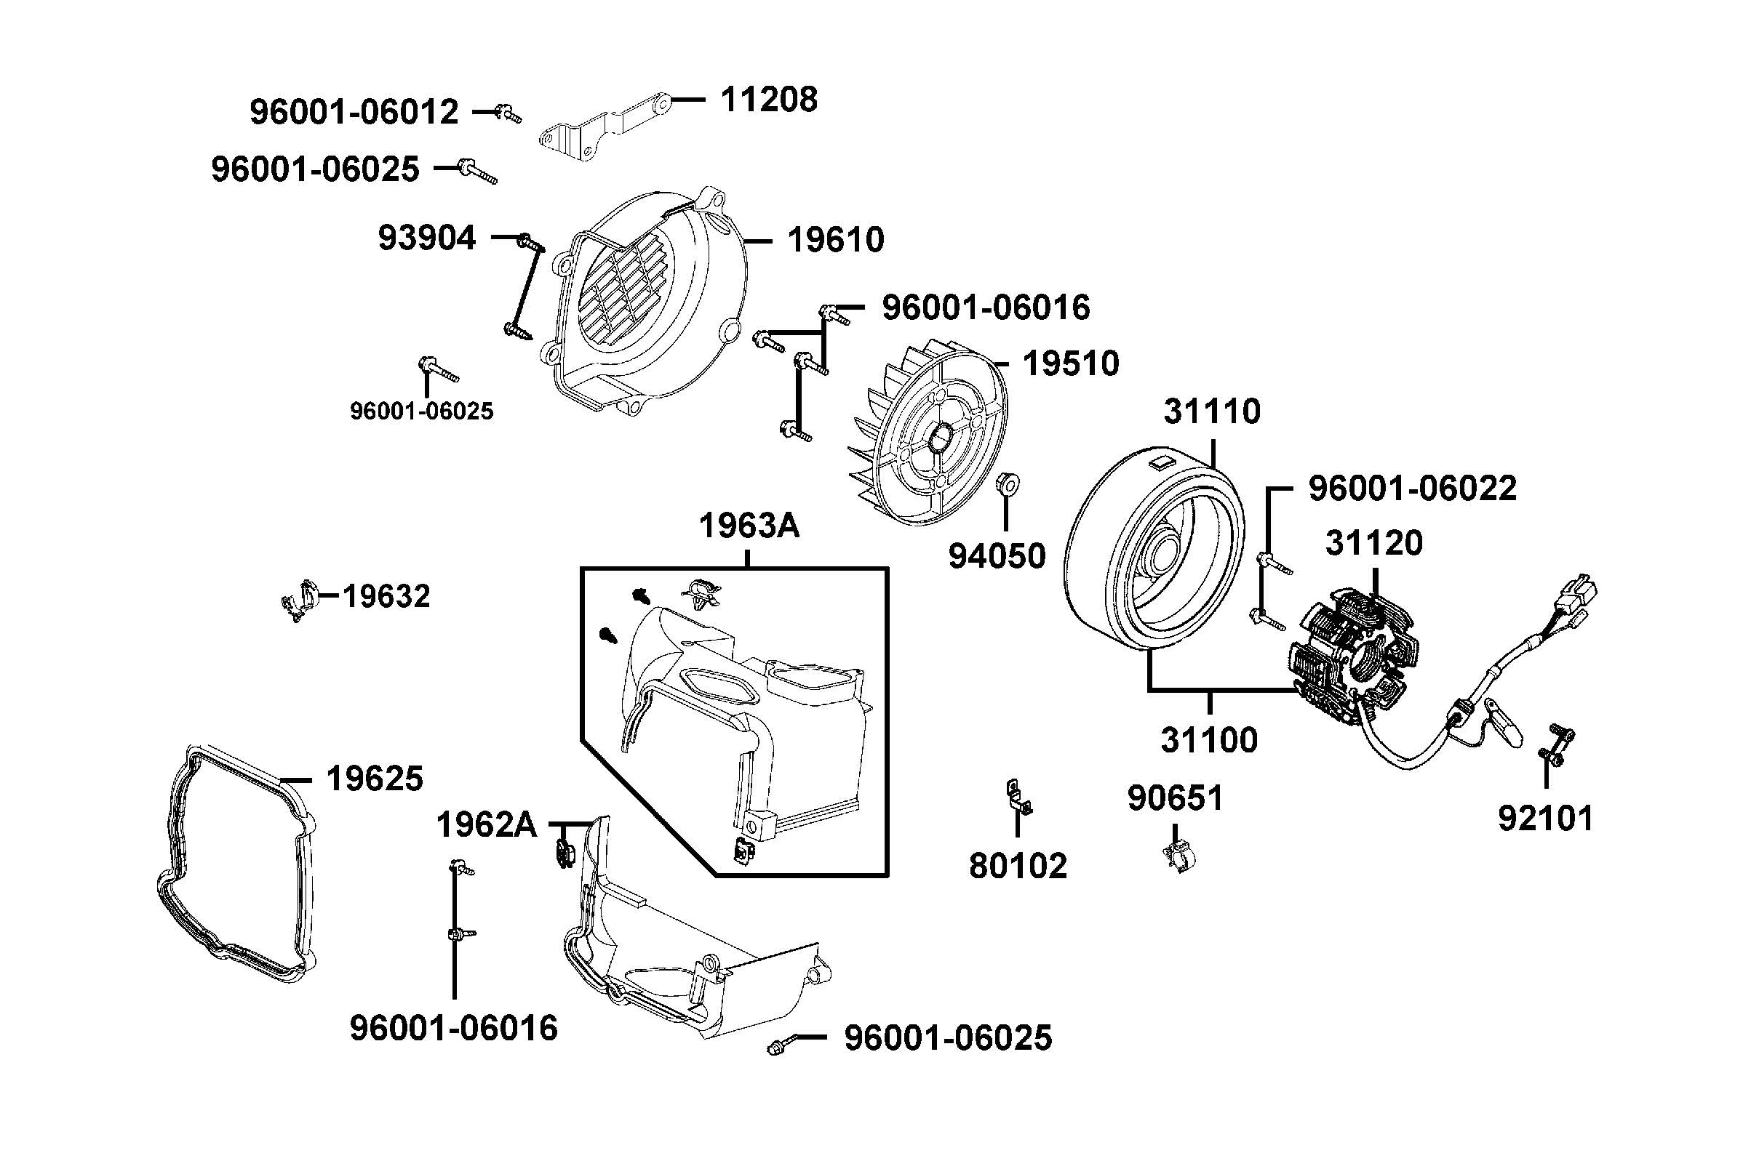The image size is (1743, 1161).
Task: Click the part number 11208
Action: tap(768, 98)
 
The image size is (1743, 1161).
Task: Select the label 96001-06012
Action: tap(354, 112)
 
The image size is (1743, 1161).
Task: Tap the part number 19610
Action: tap(835, 240)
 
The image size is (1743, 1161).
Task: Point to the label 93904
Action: tap(427, 238)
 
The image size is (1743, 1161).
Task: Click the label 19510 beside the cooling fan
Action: tap(1070, 363)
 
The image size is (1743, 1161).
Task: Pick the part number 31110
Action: tap(1211, 411)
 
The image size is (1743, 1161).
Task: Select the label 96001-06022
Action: tap(1412, 489)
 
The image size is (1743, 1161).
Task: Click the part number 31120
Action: tap(1373, 543)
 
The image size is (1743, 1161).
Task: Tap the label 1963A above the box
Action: tap(748, 526)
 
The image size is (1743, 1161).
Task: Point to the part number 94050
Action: tap(997, 556)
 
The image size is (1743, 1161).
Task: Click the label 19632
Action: tap(386, 596)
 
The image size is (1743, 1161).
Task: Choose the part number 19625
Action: tap(374, 778)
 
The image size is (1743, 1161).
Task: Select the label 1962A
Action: tap(486, 824)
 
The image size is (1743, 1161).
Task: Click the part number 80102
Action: tap(1018, 866)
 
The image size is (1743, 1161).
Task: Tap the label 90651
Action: tap(1175, 798)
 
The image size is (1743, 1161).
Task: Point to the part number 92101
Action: tap(1545, 818)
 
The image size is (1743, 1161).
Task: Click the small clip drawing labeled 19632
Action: tap(299, 600)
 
